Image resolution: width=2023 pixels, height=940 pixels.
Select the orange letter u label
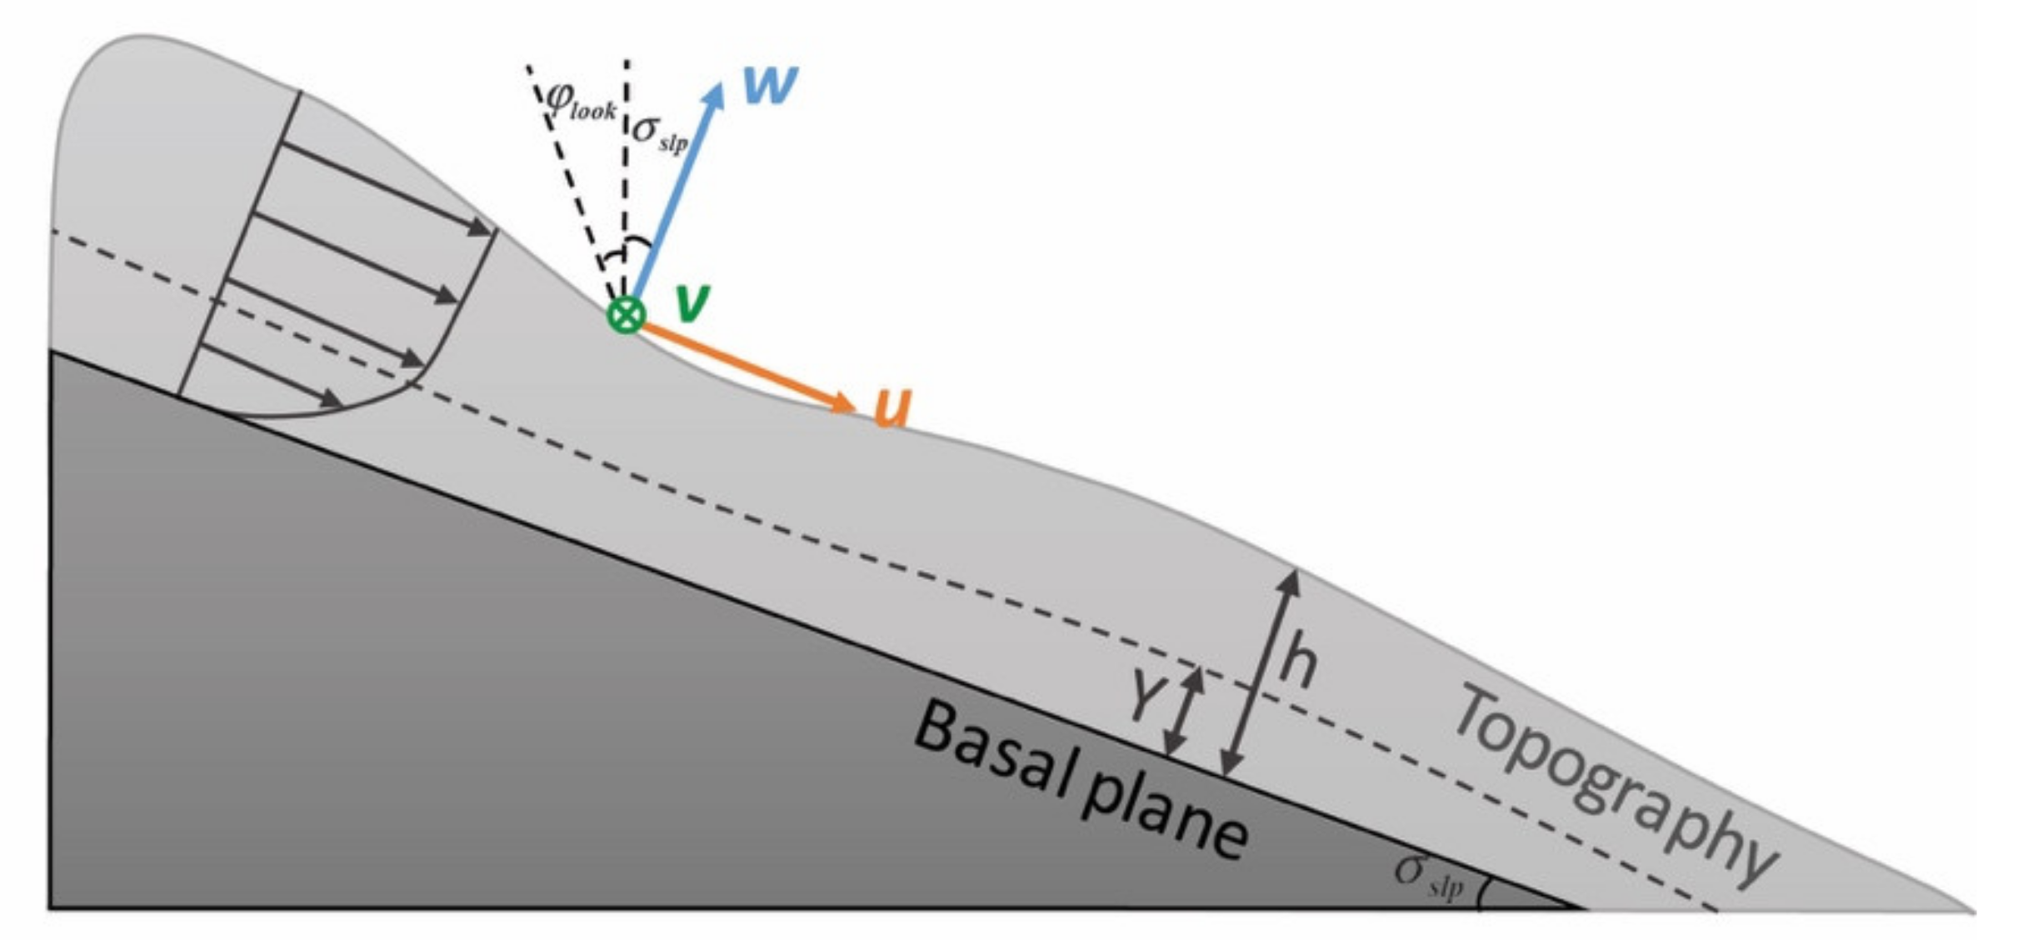point(892,407)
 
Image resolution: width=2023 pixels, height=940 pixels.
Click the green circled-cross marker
point(626,315)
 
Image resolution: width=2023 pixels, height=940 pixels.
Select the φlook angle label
point(581,102)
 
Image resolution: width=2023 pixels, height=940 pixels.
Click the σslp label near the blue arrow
point(661,132)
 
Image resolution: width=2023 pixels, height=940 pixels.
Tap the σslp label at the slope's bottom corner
point(1428,875)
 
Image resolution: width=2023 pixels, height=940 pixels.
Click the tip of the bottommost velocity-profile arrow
point(342,402)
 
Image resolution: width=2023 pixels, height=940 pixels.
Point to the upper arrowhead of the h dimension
point(1291,575)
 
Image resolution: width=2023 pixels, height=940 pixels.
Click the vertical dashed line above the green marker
point(626,167)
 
